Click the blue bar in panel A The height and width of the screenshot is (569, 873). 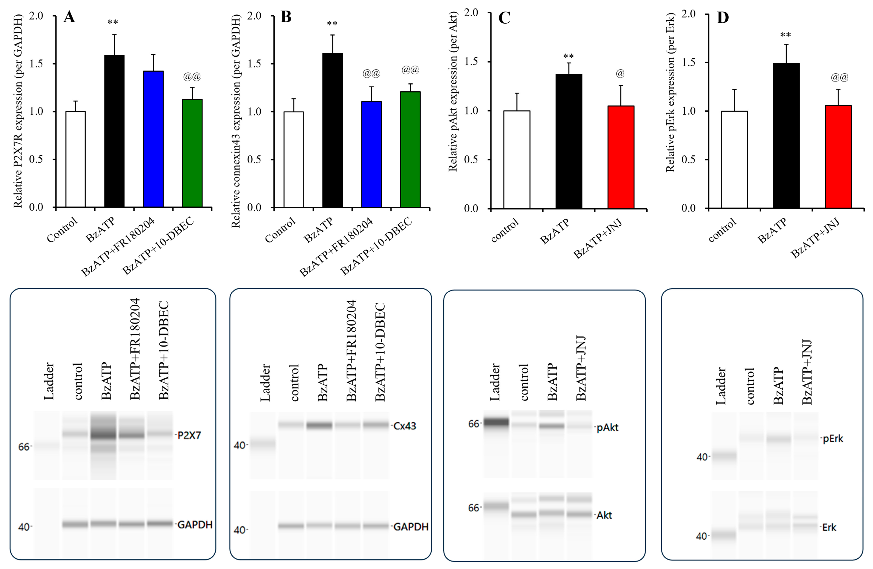click(x=153, y=139)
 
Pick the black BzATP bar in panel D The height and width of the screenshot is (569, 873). click(x=786, y=136)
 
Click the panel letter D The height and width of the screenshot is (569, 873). click(x=723, y=18)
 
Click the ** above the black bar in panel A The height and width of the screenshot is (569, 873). click(x=113, y=22)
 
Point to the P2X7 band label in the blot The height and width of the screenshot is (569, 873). click(x=189, y=435)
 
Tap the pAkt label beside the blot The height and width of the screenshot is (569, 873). click(x=607, y=427)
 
